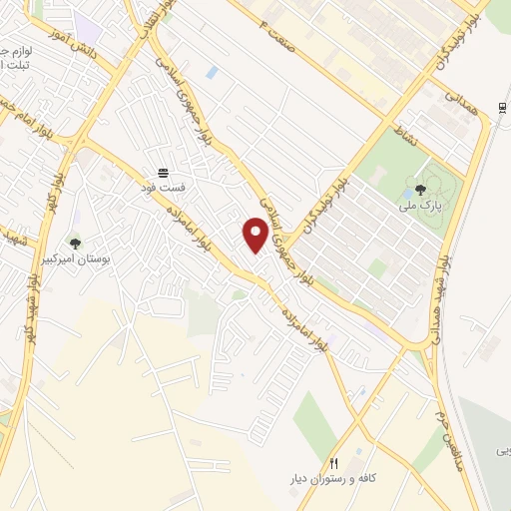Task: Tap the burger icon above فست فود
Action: (x=163, y=173)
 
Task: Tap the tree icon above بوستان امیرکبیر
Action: (x=75, y=243)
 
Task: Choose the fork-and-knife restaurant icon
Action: (x=334, y=464)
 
